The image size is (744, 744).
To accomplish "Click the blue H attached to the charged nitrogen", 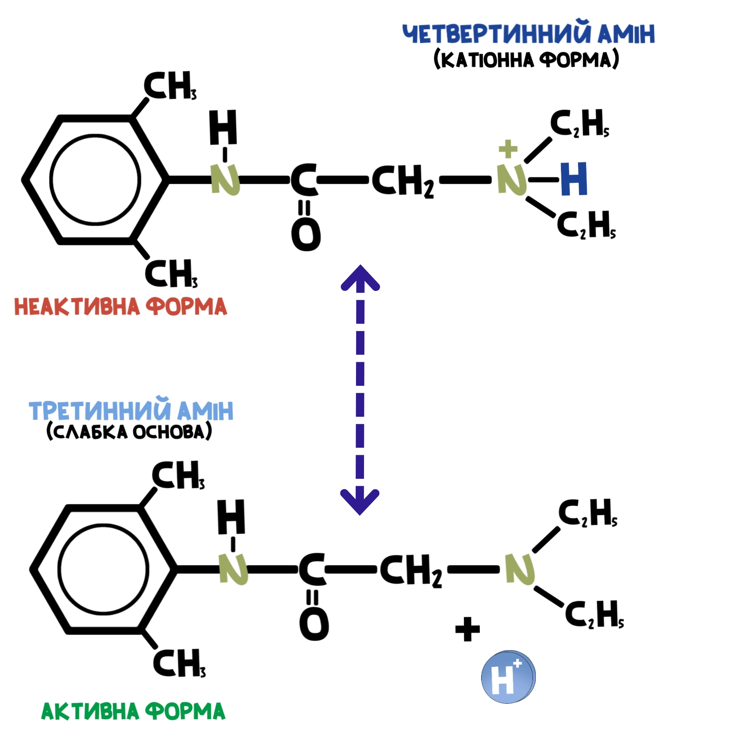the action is coord(574,179).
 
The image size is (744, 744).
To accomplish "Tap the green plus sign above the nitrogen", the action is coord(508,149).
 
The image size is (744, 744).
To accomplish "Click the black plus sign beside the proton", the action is coord(468,629).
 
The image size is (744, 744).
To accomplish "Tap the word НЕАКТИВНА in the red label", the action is coord(77,307).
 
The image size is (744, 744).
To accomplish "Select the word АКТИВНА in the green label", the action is coord(90,711).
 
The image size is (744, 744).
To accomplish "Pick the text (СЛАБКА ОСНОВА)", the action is coord(129,431).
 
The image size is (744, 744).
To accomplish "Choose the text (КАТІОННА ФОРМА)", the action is coord(526,59).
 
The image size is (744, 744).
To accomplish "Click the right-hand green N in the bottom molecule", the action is coord(520,569).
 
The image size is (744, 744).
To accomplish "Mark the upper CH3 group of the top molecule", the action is coord(170,85).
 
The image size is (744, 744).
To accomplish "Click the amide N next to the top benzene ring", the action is coord(225,179).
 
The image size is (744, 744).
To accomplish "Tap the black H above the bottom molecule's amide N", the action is coord(231,517).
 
